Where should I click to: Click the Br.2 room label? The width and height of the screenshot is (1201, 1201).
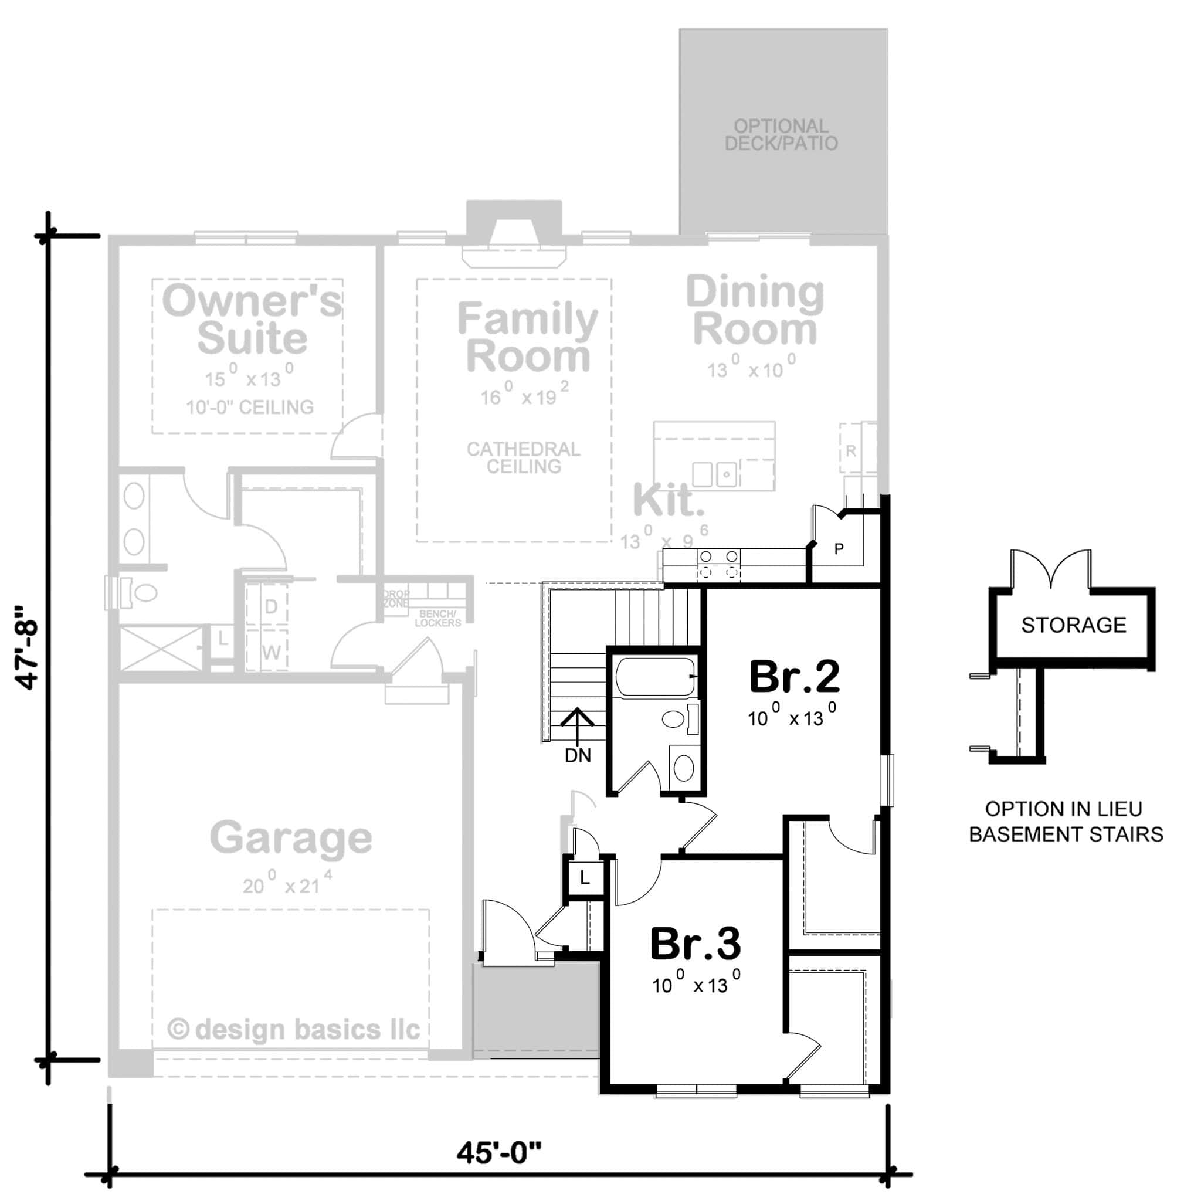[x=794, y=677]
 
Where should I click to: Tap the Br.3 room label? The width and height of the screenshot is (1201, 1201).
[x=695, y=944]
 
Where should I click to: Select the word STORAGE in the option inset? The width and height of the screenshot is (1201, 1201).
[x=1074, y=625]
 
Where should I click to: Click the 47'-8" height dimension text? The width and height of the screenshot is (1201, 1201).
[x=29, y=647]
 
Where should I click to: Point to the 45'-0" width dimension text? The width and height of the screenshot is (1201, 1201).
[x=499, y=1153]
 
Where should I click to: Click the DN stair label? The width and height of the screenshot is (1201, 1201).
[x=578, y=755]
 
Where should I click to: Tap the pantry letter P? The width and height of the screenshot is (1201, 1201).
[x=839, y=549]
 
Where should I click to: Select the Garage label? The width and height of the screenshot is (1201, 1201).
[x=291, y=837]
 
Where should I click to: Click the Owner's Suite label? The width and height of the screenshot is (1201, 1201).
[x=252, y=318]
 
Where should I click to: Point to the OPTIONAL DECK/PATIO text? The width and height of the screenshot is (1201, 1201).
[x=781, y=135]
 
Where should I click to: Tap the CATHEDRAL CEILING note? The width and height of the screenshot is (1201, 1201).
[x=524, y=457]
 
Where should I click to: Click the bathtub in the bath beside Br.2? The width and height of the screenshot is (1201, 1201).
[x=654, y=677]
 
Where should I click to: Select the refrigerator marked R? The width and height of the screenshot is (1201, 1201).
[x=850, y=451]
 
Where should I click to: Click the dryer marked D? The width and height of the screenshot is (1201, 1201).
[x=271, y=606]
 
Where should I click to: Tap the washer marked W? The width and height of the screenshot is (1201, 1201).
[x=271, y=653]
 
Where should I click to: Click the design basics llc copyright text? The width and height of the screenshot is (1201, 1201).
[x=294, y=1029]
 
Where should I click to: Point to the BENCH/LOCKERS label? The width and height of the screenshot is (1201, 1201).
[x=437, y=618]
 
